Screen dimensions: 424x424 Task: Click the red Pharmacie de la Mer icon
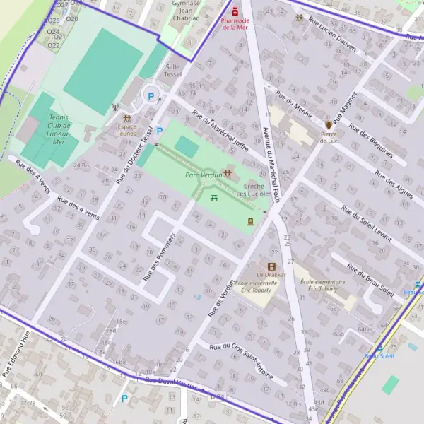(235, 11)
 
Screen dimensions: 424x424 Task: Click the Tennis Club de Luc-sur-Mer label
(50, 129)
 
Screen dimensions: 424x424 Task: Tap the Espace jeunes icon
(127, 118)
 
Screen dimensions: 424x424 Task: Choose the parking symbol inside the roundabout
(149, 95)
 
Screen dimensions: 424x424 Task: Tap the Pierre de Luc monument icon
(329, 124)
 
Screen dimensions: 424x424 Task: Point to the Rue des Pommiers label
(158, 255)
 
